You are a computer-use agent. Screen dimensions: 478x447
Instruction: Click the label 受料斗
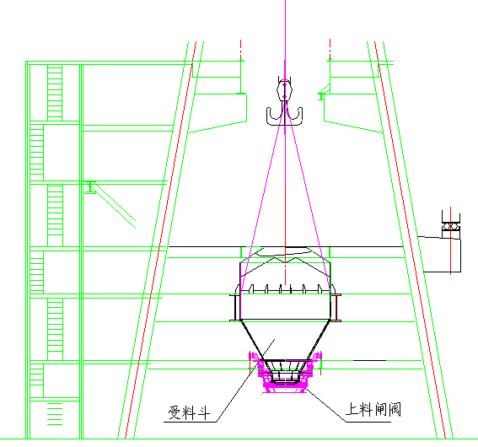pyautogui.click(x=189, y=413)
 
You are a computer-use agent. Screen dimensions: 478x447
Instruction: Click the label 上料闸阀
pyautogui.click(x=373, y=409)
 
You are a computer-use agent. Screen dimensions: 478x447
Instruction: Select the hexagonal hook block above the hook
pyautogui.click(x=284, y=90)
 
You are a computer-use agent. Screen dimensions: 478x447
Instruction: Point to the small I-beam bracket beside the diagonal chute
pyautogui.click(x=90, y=187)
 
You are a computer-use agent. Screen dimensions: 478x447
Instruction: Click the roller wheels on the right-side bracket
pyautogui.click(x=451, y=227)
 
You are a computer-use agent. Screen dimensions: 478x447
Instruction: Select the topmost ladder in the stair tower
pyautogui.click(x=55, y=93)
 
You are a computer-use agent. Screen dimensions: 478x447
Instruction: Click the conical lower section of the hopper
pyautogui.click(x=285, y=340)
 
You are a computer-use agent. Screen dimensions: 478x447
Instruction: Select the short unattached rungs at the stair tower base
pyautogui.click(x=55, y=414)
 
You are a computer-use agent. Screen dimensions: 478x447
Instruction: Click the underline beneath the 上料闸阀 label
pyautogui.click(x=368, y=422)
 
